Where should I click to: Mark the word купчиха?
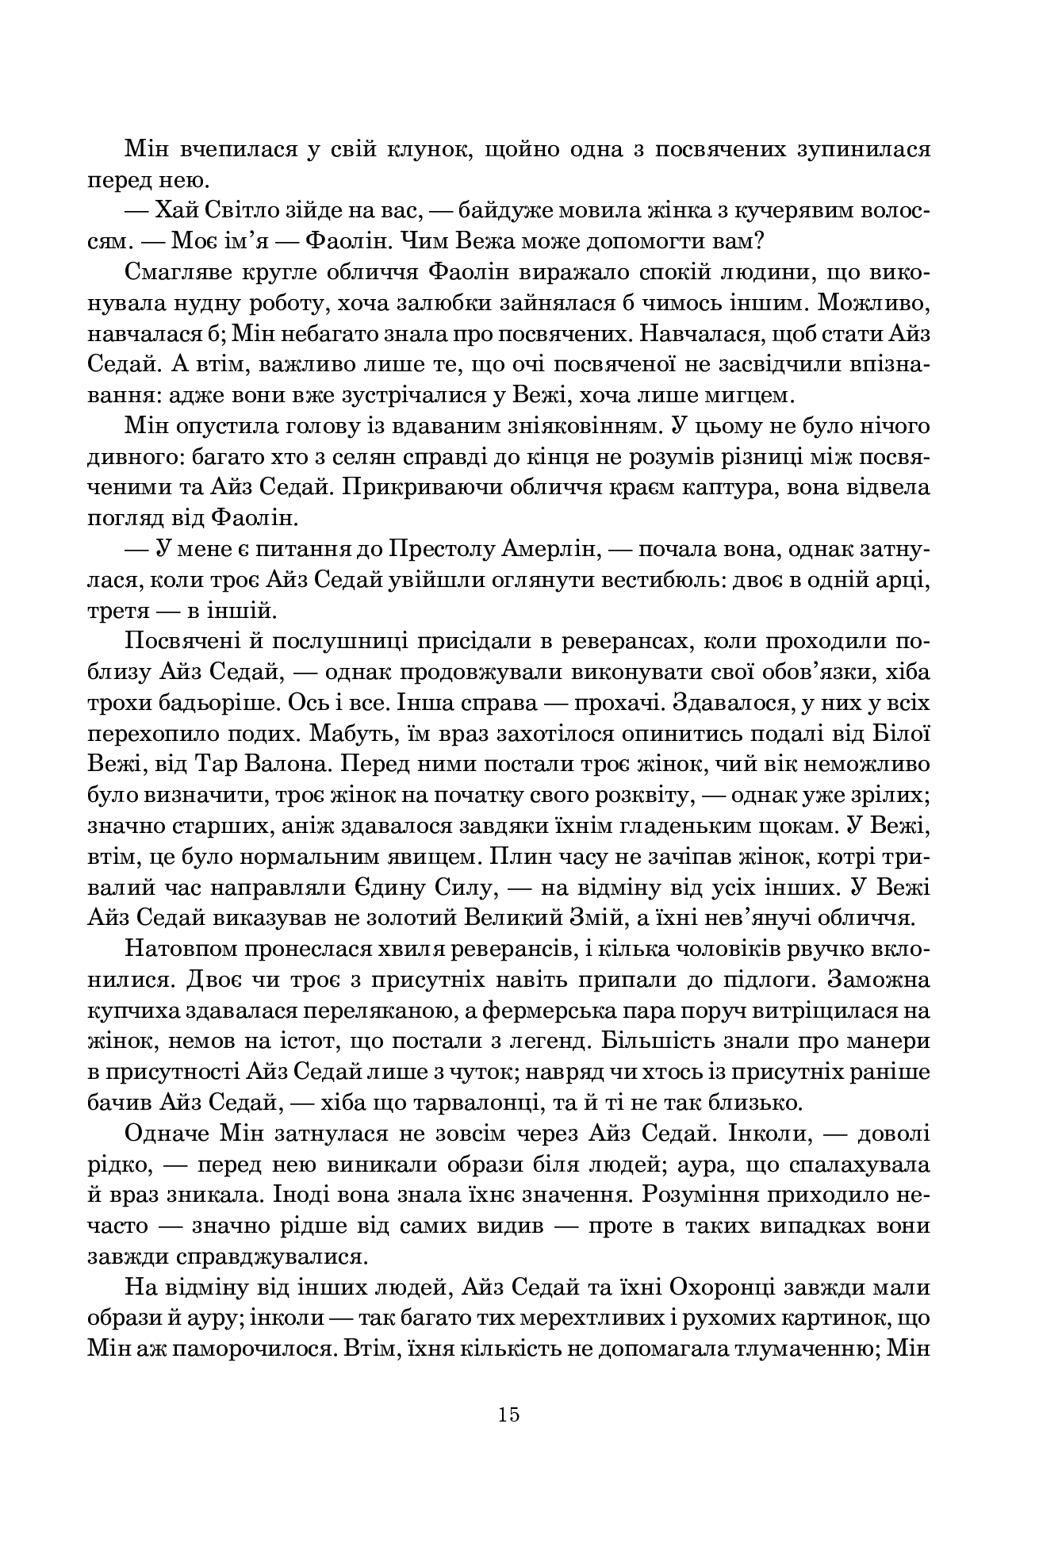134,1011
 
